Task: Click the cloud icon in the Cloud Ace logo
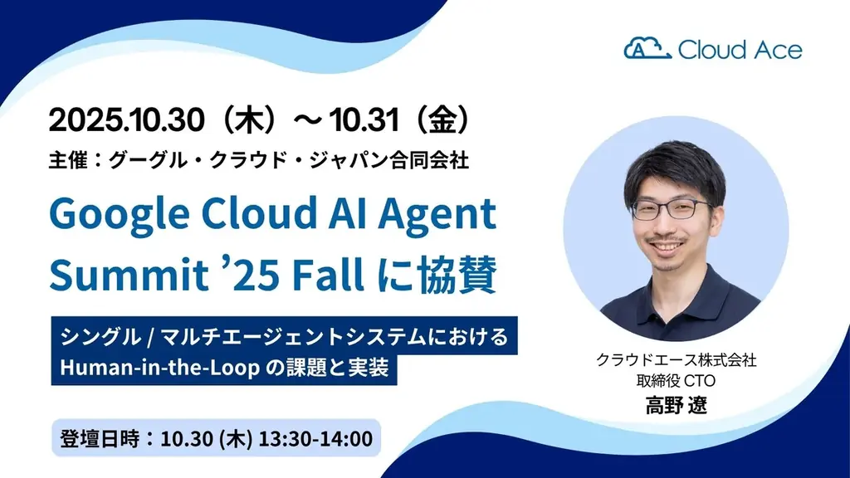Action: click(x=647, y=49)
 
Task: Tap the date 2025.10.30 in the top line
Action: click(x=126, y=121)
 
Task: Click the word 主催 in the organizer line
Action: click(x=67, y=159)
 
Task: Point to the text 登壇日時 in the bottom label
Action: click(x=91, y=438)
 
